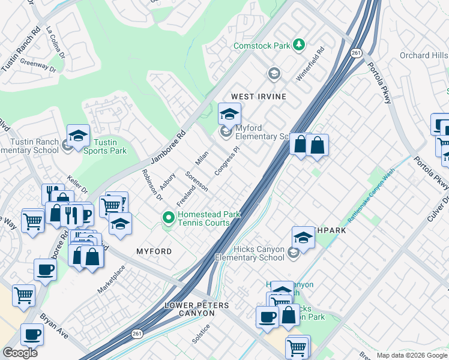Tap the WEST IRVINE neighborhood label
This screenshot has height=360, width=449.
[x=259, y=97]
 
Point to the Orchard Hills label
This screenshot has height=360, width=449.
[x=424, y=55]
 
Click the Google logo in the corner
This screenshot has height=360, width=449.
[x=20, y=353]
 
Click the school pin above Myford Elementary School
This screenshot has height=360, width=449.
[x=229, y=113]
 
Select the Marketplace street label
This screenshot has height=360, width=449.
[x=112, y=279]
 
